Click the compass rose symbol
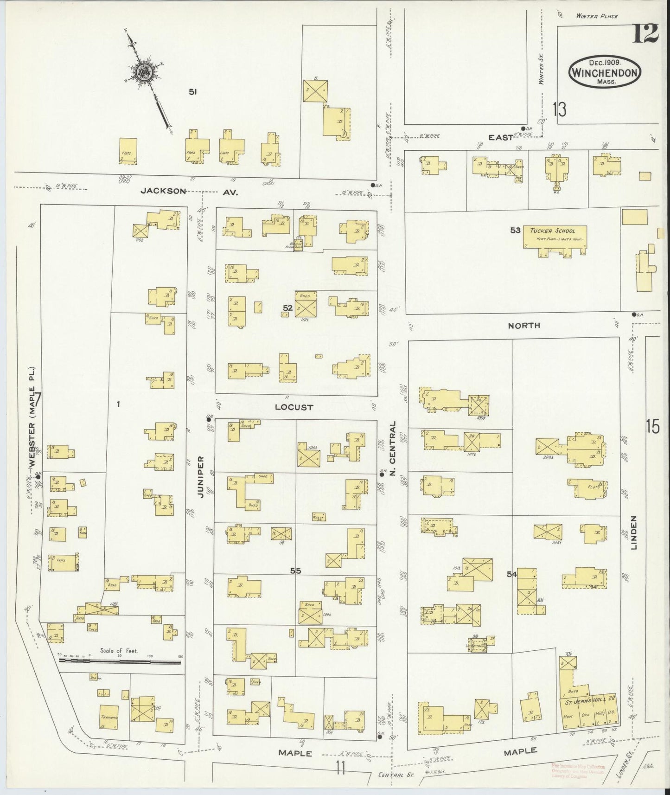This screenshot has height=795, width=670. tap(144, 72)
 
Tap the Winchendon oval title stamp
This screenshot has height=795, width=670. tap(605, 71)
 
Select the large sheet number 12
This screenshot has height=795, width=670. tap(644, 34)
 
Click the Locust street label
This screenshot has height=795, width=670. tap(294, 407)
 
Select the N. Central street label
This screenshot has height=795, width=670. tap(392, 449)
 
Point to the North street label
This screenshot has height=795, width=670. tap(524, 326)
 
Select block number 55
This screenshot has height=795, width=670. tap(295, 571)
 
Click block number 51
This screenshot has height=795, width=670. tap(193, 92)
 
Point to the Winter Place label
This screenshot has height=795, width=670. tap(597, 16)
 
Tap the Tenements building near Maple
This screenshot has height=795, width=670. tap(109, 718)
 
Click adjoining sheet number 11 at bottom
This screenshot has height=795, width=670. tap(341, 769)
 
